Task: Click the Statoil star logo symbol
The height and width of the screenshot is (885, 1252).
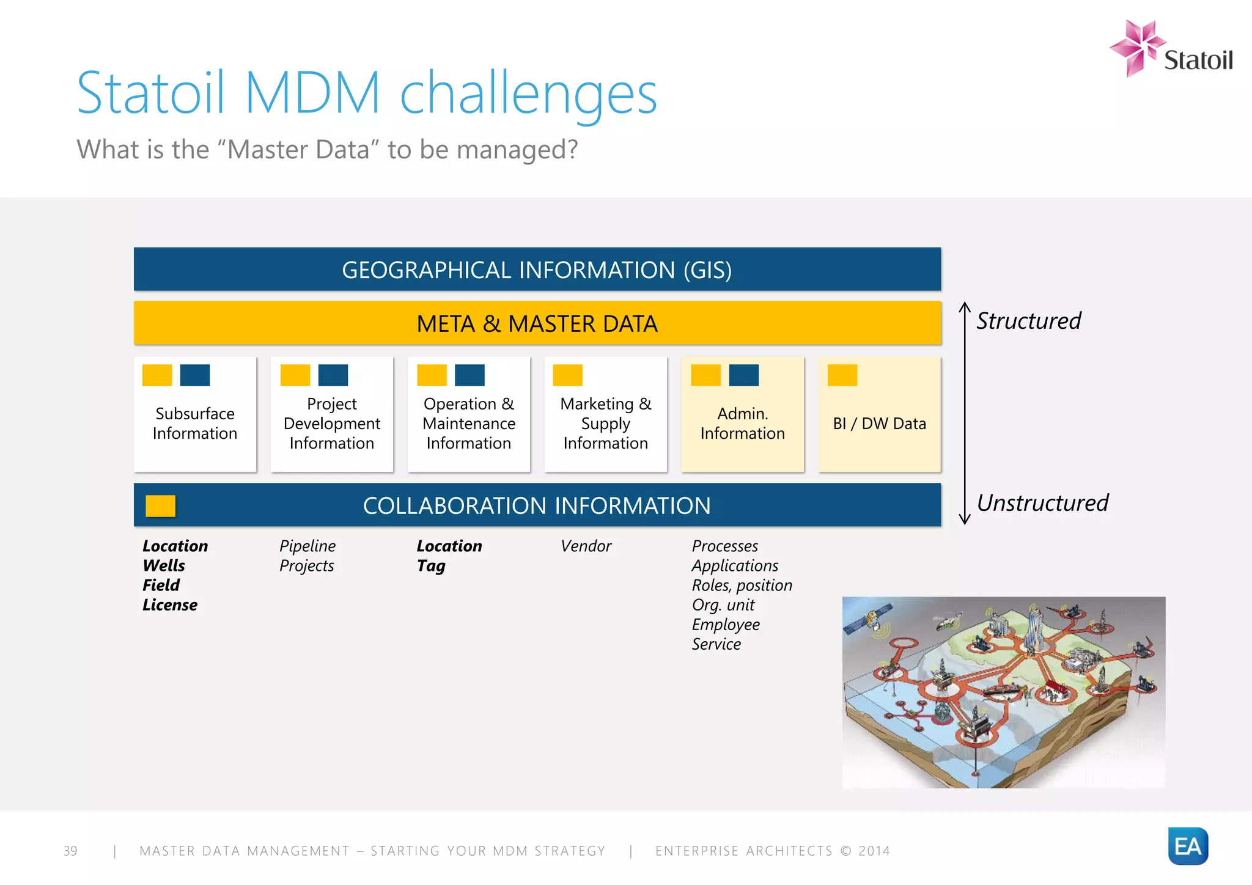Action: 1136,47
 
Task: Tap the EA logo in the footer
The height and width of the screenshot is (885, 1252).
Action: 1187,846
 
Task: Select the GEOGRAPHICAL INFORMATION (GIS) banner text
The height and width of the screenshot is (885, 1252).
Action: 537,270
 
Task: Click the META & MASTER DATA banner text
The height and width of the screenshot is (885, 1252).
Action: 537,323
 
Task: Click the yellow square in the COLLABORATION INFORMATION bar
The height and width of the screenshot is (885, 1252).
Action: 160,506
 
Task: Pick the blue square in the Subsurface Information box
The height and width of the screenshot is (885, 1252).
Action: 195,375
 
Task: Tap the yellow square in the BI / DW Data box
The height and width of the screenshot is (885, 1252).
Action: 842,375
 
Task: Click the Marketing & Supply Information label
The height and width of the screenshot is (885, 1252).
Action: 605,423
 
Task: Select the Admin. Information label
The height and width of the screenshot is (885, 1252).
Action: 742,423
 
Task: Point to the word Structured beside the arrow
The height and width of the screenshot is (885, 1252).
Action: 1028,321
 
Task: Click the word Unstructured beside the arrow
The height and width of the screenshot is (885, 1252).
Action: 1042,503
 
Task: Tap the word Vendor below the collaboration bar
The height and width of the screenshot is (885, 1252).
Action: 586,546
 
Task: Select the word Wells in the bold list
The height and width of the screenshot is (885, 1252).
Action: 164,565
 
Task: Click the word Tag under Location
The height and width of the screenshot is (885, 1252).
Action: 431,566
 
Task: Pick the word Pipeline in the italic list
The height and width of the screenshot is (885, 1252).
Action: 307,546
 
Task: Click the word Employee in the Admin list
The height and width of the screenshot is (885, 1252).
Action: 726,625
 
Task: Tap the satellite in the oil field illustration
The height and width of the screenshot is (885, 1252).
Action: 868,617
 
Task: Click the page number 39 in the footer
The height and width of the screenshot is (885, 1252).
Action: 70,851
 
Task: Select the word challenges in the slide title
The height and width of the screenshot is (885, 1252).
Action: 528,93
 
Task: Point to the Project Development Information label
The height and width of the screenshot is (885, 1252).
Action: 331,423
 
